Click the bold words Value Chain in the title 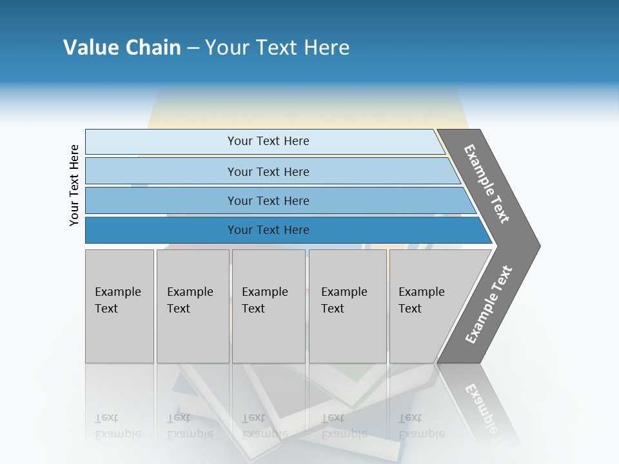tap(122, 48)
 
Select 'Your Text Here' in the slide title tap(277, 48)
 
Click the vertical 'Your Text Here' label tap(74, 186)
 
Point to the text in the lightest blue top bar tap(268, 141)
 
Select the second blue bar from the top tap(268, 171)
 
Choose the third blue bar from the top tap(268, 200)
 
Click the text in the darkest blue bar tap(268, 230)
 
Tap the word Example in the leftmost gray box tap(117, 292)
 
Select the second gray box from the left tap(193, 306)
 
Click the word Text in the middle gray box tap(253, 309)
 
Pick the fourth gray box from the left tap(348, 306)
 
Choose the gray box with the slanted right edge tap(432, 306)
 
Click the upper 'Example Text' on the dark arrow tap(487, 184)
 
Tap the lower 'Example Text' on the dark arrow tap(489, 304)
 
